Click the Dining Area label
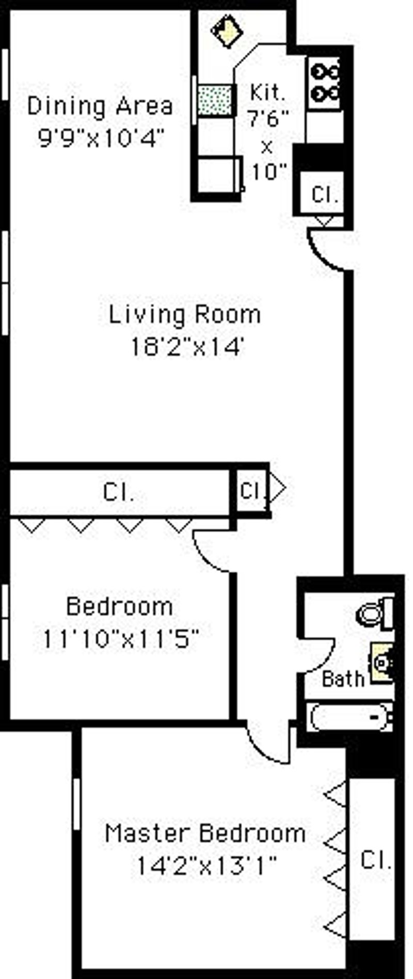tap(100, 106)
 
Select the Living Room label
tap(184, 314)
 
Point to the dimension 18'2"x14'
tap(186, 347)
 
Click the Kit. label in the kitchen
tap(267, 93)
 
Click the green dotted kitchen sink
tap(215, 100)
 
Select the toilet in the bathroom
tap(376, 612)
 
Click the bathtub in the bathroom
tap(350, 716)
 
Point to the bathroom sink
tap(383, 662)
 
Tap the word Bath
tap(343, 678)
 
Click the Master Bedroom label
tap(205, 833)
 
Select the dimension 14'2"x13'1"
tap(205, 865)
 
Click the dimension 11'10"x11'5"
tap(120, 639)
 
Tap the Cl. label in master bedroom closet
tap(375, 860)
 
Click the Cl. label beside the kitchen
tap(325, 194)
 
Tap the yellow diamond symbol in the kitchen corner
tap(227, 31)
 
